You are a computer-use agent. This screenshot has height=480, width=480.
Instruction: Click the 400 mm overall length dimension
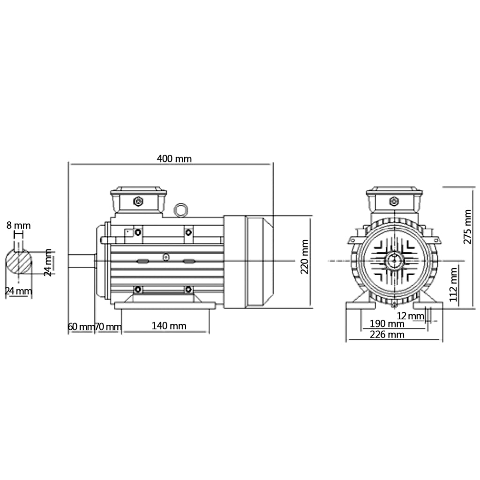(174, 158)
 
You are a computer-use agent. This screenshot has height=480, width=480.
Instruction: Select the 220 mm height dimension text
(305, 257)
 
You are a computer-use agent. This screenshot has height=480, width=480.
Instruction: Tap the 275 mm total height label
(467, 226)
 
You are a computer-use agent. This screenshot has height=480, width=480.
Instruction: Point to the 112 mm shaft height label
(453, 284)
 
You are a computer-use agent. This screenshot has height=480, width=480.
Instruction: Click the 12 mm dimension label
(409, 316)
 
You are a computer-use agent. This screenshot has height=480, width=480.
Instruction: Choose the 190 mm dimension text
(387, 324)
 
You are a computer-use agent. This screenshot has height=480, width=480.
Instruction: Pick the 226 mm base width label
(387, 334)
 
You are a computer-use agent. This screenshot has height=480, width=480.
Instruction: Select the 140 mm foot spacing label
(169, 326)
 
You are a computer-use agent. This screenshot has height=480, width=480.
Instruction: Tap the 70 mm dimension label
(108, 326)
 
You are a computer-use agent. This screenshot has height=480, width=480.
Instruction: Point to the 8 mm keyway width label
(18, 225)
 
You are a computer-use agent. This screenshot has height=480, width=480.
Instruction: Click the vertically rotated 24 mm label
(48, 263)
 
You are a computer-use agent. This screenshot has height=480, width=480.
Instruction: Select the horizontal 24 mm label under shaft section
(18, 291)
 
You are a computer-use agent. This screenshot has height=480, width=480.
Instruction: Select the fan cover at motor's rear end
(248, 262)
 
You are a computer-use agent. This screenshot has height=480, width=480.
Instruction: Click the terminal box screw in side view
(138, 201)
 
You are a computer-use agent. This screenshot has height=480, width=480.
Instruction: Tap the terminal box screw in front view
(394, 201)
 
